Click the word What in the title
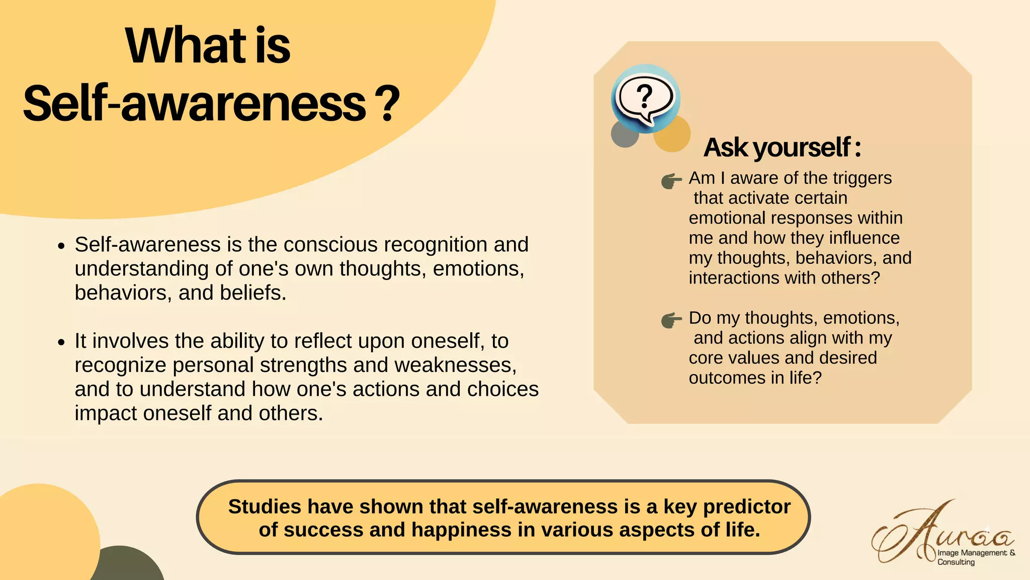[x=186, y=46]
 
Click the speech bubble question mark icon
[x=645, y=98]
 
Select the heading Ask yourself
[x=782, y=148]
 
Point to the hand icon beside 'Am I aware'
[x=671, y=181]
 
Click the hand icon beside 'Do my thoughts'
[x=671, y=320]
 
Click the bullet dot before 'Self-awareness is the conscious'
[x=61, y=246]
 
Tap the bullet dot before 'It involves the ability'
[x=61, y=342]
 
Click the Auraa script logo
[x=940, y=534]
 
